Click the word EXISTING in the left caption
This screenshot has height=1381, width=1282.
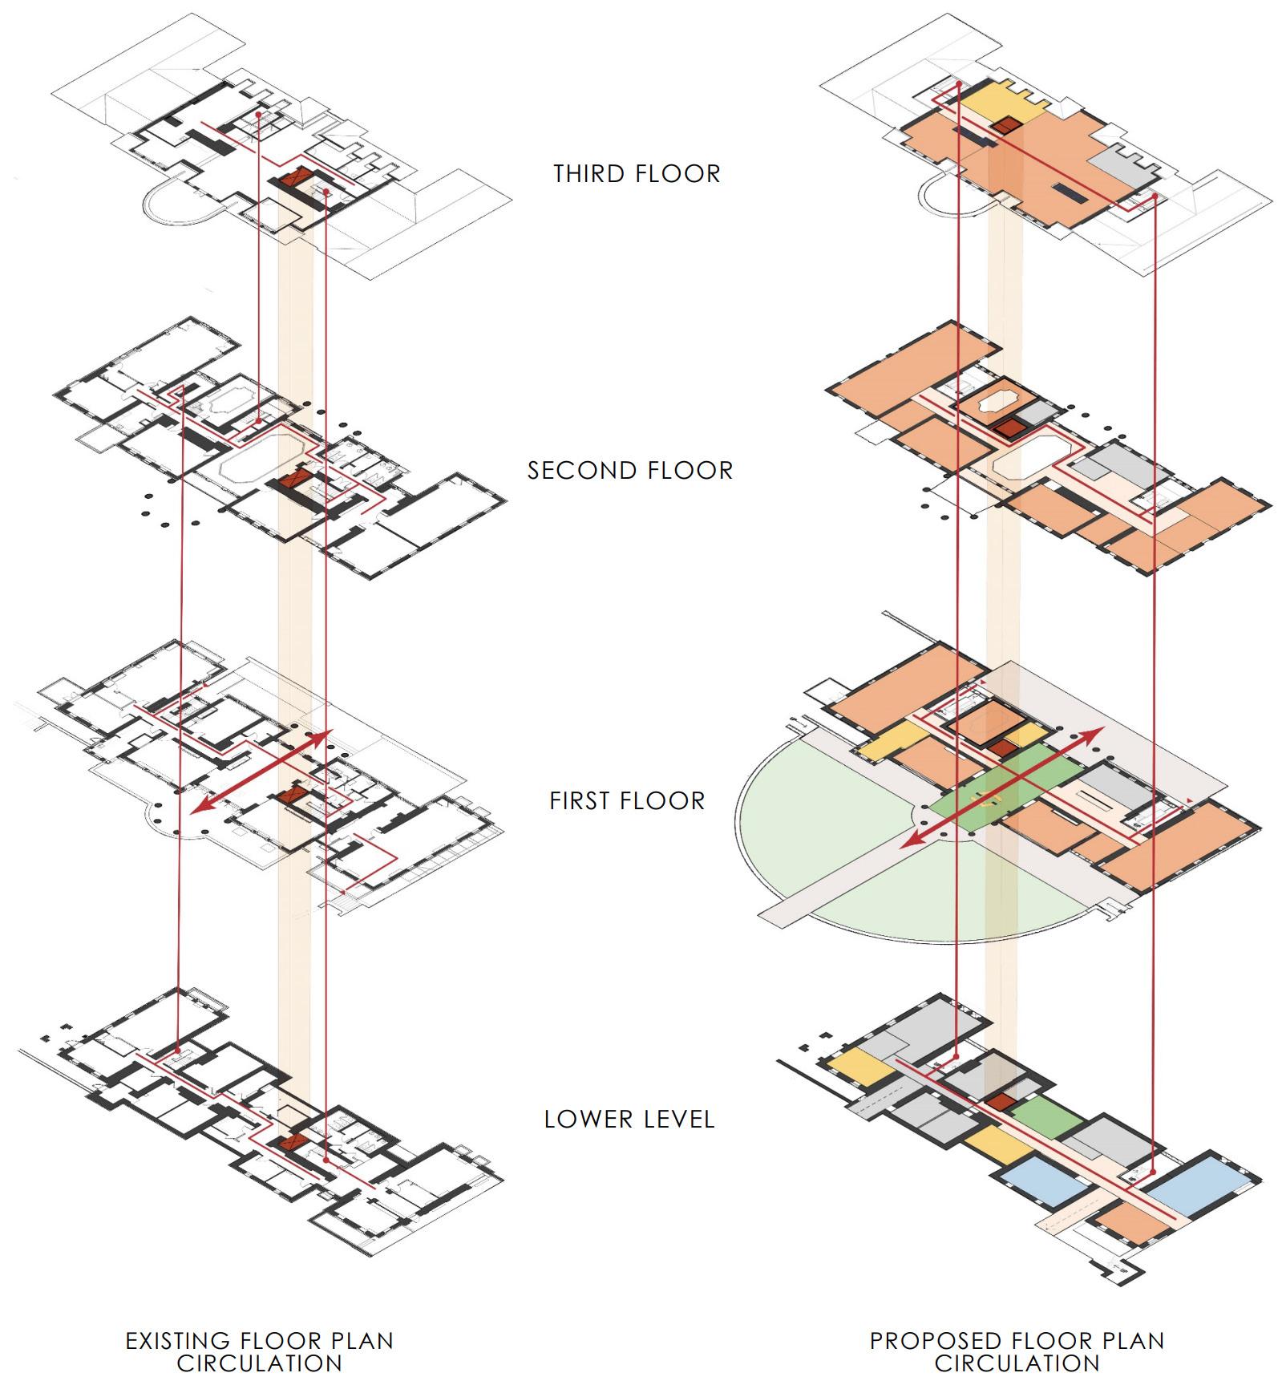[178, 1341]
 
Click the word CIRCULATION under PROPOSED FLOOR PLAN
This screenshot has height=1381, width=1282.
[1017, 1363]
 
